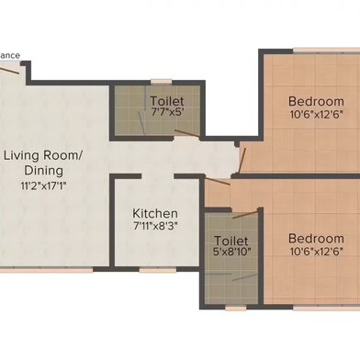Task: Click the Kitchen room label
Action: [155, 213]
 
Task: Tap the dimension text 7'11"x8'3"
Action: [155, 226]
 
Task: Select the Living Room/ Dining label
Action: [43, 163]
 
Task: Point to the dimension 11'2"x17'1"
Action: [43, 186]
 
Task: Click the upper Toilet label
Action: [167, 101]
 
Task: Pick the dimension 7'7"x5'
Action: [167, 112]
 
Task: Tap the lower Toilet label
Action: [231, 241]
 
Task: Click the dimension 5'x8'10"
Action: [231, 252]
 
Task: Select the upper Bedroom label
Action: [316, 101]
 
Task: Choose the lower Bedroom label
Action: [316, 239]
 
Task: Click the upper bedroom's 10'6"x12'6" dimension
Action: [316, 115]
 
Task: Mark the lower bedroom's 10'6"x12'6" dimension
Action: [316, 252]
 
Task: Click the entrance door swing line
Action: [9, 70]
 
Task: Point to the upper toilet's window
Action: [162, 82]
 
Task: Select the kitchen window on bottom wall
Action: [158, 270]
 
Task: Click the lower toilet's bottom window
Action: [236, 308]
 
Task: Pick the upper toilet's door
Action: [187, 133]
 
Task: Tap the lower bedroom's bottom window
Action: [327, 308]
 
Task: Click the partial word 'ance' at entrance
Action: [10, 56]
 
